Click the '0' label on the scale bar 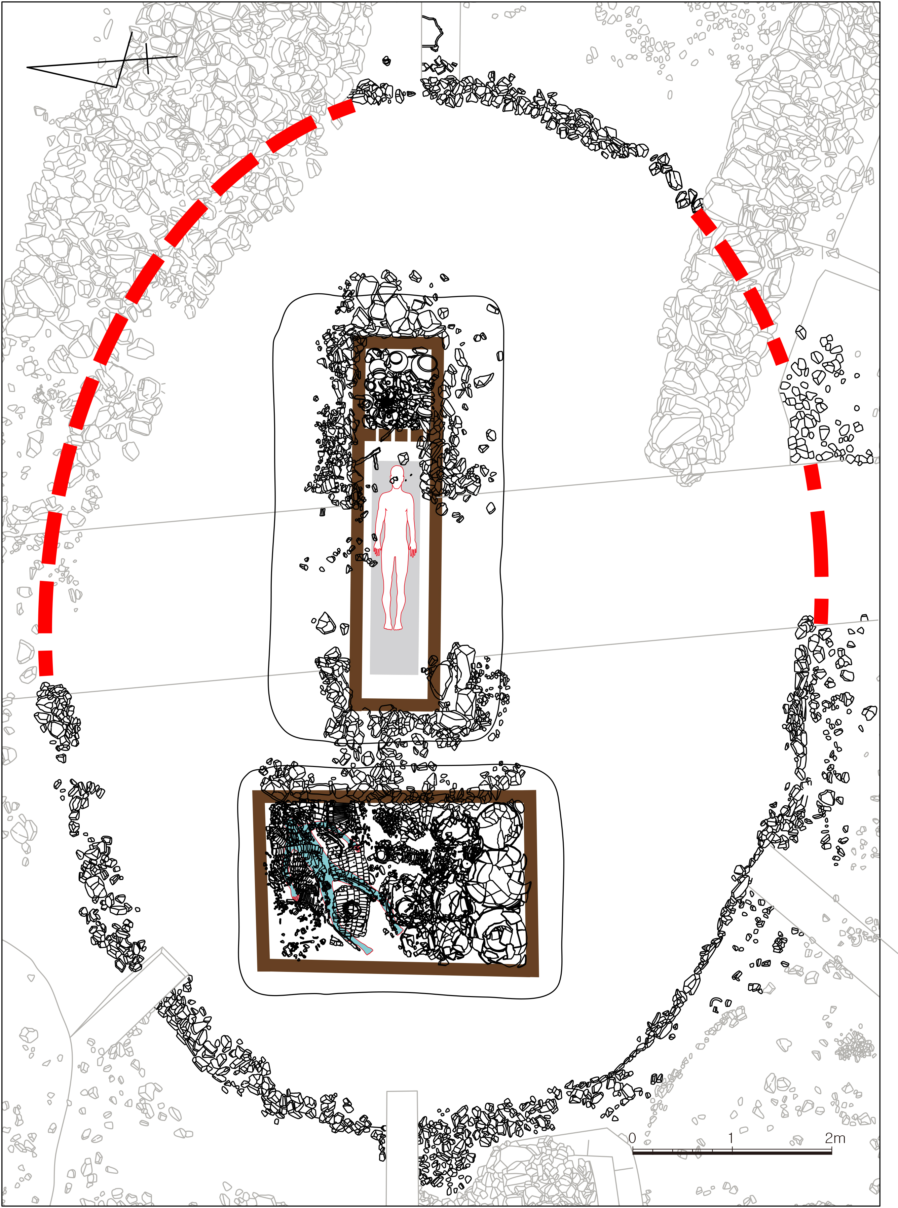tap(632, 1138)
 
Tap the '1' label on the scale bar tap(731, 1138)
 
